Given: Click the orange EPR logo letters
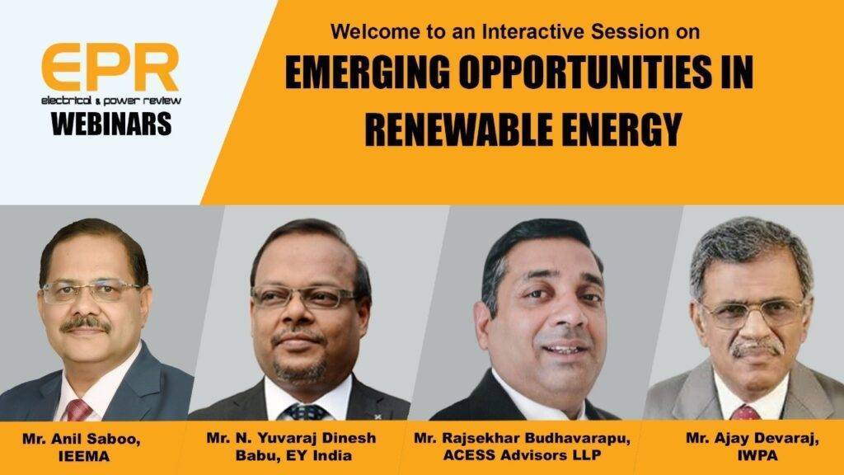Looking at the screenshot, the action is click(x=110, y=68).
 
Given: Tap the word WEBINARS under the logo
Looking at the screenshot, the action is click(x=111, y=124).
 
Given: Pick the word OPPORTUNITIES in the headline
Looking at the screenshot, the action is click(x=586, y=73).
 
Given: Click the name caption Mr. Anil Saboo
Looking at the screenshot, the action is click(x=82, y=439).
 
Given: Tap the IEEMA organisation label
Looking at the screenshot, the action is click(x=83, y=457).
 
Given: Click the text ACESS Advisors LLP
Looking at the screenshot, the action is click(x=522, y=455).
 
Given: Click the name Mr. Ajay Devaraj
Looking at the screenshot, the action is click(x=753, y=439).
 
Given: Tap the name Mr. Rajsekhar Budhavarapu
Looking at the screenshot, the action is click(x=522, y=438).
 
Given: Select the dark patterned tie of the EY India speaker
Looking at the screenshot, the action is click(x=307, y=412).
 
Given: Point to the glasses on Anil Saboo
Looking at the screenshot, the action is click(x=91, y=291).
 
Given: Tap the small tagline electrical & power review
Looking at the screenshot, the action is click(x=111, y=101).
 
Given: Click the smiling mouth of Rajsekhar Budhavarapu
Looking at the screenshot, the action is click(x=565, y=350).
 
